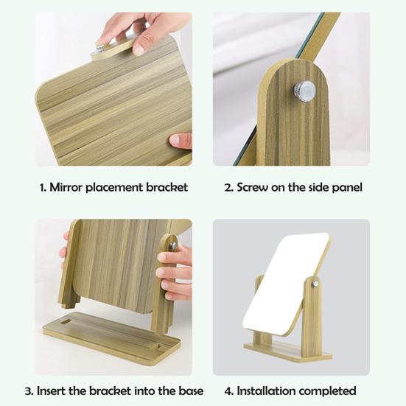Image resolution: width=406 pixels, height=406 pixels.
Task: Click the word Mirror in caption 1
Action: (66, 187)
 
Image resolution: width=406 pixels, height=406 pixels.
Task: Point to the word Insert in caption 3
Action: (51, 391)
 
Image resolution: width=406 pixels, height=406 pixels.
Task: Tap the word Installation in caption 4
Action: (267, 391)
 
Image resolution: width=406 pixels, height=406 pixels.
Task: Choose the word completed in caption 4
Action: (329, 391)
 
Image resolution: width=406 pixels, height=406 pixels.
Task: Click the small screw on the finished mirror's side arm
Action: (315, 284)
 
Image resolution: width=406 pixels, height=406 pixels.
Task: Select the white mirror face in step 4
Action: (286, 284)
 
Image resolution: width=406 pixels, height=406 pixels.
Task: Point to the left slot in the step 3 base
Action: (65, 322)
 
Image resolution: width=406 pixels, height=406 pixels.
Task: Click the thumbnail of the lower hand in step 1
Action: (174, 140)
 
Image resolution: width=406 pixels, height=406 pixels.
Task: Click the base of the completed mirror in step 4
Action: (287, 351)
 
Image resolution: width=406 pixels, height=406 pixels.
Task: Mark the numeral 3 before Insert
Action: (28, 391)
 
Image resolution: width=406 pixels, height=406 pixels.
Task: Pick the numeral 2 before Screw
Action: (228, 187)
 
